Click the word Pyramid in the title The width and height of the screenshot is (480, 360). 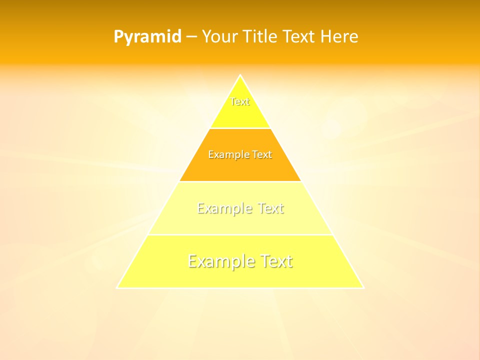(147, 37)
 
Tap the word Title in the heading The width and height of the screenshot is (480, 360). (259, 36)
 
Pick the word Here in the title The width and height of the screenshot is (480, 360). (339, 36)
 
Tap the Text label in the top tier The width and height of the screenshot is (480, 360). (240, 101)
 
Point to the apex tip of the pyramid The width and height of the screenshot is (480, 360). (240, 75)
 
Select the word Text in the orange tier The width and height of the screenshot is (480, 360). (262, 154)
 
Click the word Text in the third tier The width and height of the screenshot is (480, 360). (270, 208)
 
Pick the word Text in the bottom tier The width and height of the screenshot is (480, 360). (276, 261)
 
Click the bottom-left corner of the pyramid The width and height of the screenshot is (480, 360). (117, 287)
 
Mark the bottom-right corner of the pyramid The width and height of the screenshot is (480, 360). (363, 287)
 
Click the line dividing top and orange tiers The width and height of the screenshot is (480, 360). (240, 128)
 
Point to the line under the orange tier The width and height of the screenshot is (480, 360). (240, 181)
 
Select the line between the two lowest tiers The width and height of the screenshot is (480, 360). (240, 234)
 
